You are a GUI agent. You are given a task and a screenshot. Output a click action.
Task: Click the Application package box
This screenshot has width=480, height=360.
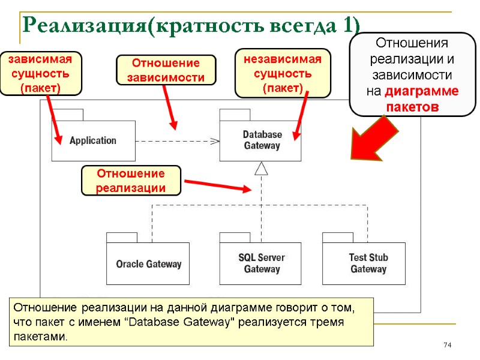tap(93, 140)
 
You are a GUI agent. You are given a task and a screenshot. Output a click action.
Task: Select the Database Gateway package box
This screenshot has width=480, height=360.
tap(260, 140)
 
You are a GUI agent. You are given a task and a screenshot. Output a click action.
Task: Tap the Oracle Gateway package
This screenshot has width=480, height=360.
tap(148, 263)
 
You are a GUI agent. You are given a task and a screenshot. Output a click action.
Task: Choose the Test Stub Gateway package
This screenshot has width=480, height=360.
tap(368, 263)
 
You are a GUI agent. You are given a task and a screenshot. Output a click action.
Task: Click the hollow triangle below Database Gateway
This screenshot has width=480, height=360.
tap(260, 169)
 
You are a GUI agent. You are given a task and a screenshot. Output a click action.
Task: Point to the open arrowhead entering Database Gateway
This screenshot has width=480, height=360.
tap(215, 141)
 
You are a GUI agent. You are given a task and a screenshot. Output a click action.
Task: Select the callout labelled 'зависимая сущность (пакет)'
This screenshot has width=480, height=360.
tap(40, 73)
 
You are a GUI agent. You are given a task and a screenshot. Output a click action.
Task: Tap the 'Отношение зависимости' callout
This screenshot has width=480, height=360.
tap(165, 70)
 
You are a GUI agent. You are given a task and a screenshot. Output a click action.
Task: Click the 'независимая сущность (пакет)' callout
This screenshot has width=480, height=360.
tap(283, 73)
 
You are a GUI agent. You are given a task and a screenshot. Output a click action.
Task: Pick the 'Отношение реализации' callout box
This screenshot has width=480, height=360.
tap(131, 181)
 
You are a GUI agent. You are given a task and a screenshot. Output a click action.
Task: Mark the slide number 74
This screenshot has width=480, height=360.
tap(446, 345)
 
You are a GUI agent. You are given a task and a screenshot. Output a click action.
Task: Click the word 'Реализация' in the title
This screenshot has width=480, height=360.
tap(83, 25)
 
